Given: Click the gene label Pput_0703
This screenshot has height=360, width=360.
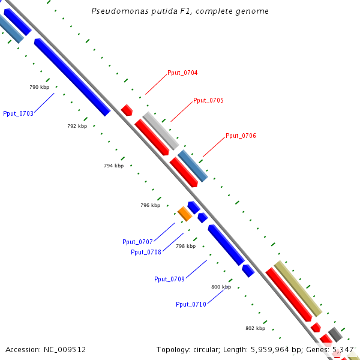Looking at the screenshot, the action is [x=18, y=113].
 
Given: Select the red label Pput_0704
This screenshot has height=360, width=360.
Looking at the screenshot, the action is [x=183, y=73].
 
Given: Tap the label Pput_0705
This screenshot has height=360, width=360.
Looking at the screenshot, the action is [x=208, y=101].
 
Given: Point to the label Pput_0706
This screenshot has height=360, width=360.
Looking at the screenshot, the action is [x=241, y=136].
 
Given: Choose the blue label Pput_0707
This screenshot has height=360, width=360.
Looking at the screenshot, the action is [x=137, y=242].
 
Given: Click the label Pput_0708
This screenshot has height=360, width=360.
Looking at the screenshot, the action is [x=146, y=252].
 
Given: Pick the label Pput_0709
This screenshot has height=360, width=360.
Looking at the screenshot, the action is [x=169, y=279].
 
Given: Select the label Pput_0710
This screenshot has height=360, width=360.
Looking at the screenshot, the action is [x=191, y=305].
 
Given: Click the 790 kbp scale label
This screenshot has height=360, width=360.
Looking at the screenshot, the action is [x=39, y=88].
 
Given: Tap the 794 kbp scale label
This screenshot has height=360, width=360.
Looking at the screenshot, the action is [x=113, y=166].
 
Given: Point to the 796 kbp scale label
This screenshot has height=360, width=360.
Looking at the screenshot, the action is [x=150, y=206].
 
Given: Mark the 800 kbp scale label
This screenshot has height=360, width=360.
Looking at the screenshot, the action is [x=221, y=287].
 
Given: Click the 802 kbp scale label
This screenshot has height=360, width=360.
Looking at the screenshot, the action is [x=255, y=329].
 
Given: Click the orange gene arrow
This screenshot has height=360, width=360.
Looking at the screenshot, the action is [x=185, y=213].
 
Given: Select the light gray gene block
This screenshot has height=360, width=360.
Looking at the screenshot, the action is [x=161, y=130].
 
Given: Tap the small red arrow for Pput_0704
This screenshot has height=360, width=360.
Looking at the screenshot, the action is [x=127, y=110].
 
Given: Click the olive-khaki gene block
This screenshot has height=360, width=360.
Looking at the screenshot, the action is [x=298, y=288].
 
